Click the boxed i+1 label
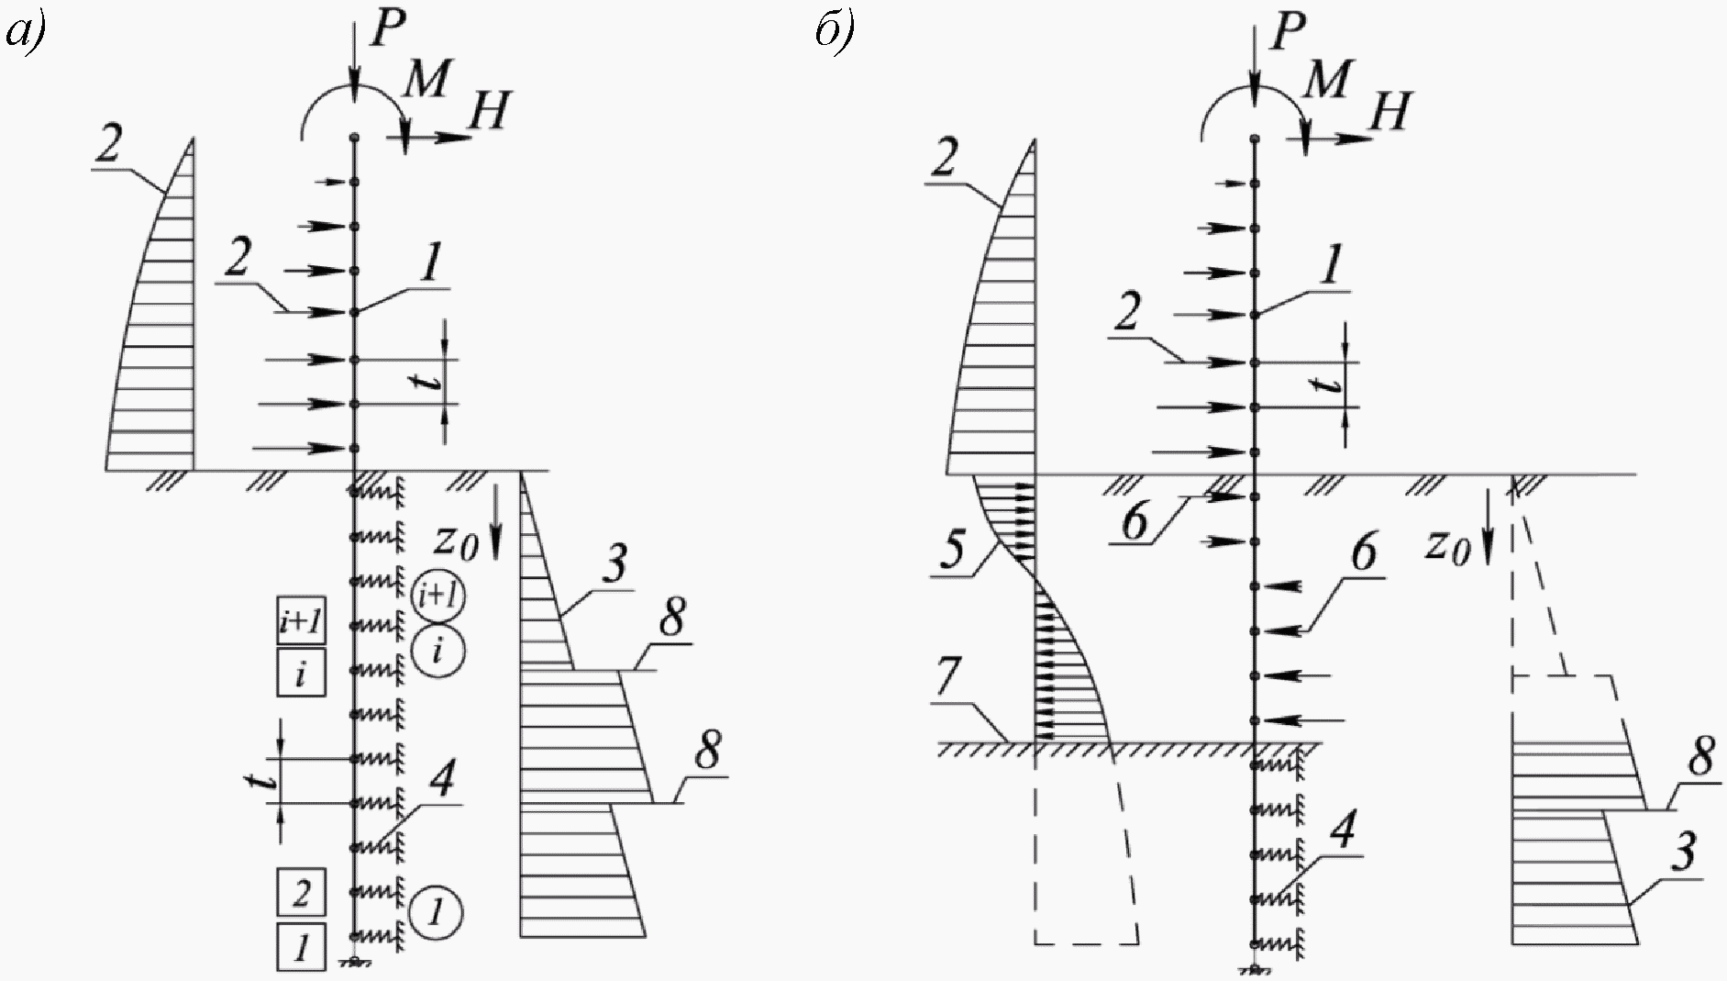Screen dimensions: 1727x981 (x=301, y=623)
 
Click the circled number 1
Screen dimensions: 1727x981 (x=437, y=911)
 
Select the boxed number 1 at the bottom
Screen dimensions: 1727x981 (x=301, y=946)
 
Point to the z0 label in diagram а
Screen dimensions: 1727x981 (x=456, y=541)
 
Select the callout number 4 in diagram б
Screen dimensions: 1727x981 (x=1341, y=830)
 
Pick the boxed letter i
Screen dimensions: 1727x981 (x=301, y=675)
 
